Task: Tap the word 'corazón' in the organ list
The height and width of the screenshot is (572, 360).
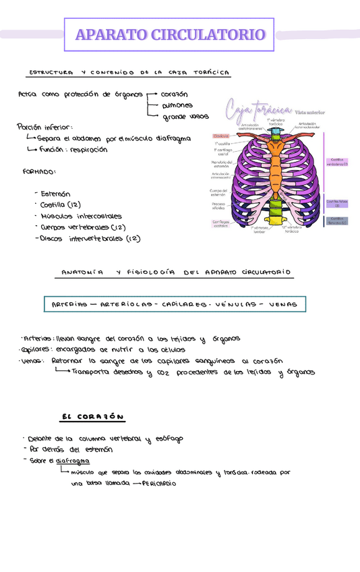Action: click(175, 94)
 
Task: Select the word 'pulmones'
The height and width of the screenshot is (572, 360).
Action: click(177, 105)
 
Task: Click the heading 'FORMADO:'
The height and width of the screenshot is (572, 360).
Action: click(39, 172)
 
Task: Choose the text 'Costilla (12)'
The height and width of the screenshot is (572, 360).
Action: click(61, 204)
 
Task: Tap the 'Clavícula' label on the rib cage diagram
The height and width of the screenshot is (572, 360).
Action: click(222, 136)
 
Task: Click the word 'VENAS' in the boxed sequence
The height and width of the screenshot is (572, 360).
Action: click(282, 305)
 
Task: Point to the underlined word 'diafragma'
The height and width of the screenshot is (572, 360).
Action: click(73, 461)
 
